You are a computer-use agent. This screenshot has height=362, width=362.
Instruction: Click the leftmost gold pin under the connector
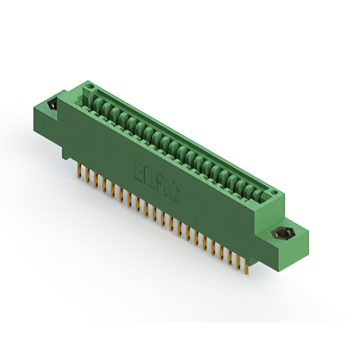pyautogui.click(x=77, y=171)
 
